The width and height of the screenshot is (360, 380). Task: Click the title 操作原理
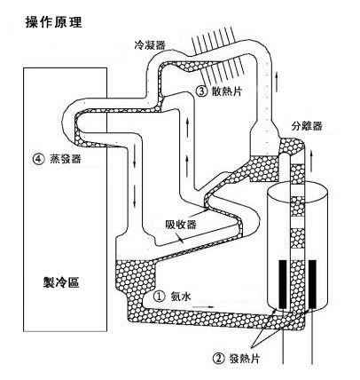[x=53, y=22]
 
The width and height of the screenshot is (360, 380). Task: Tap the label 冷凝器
[x=150, y=45]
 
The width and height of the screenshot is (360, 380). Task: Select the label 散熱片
[x=227, y=91]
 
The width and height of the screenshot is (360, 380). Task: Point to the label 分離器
[x=307, y=126]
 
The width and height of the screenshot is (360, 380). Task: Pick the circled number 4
[x=38, y=159]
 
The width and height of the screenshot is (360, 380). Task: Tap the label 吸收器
[x=181, y=225]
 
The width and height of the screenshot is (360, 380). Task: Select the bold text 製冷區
[x=61, y=282]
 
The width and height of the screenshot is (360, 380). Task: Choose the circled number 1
[x=159, y=297]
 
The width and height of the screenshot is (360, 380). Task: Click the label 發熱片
[x=244, y=359]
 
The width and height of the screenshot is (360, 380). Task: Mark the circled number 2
[x=218, y=359]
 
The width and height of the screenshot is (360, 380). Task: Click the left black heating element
[x=283, y=284]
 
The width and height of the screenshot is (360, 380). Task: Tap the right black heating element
[x=312, y=284]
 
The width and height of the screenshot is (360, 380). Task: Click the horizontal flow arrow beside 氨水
[x=203, y=307]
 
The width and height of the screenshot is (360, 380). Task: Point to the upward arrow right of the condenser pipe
[x=277, y=82]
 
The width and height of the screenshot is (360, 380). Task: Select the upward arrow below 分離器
[x=311, y=162]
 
